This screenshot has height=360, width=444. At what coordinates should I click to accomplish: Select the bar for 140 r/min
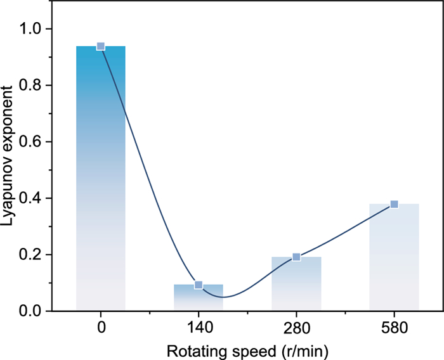(199, 298)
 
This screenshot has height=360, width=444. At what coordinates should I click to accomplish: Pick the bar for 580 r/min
(394, 257)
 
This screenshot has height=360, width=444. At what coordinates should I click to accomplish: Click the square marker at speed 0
(101, 46)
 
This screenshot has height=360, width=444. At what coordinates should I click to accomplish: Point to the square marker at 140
(199, 285)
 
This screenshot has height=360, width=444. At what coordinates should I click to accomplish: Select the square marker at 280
(296, 257)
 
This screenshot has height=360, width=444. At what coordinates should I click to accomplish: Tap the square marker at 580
(394, 204)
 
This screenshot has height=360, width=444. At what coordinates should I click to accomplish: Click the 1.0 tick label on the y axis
(31, 29)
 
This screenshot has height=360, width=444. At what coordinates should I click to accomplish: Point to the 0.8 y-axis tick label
(31, 86)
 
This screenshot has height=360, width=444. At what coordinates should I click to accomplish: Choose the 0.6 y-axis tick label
(31, 142)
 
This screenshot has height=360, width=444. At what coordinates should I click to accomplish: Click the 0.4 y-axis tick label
(31, 198)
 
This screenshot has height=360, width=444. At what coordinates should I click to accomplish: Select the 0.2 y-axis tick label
(31, 255)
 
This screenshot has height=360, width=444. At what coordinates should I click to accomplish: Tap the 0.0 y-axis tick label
(31, 311)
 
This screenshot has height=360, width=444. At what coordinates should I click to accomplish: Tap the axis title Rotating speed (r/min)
(247, 349)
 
